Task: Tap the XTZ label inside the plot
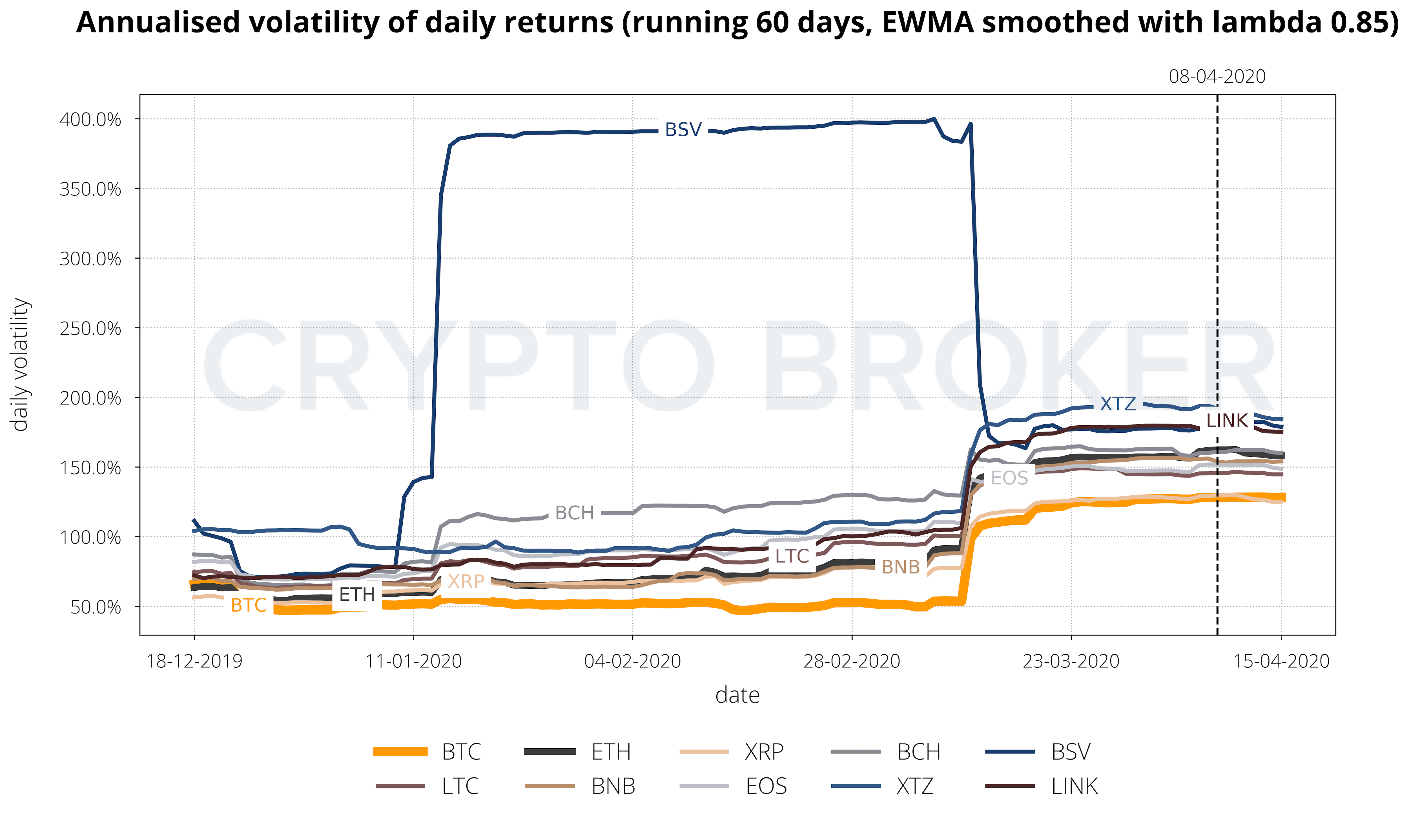pyautogui.click(x=1118, y=404)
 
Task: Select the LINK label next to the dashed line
pyautogui.click(x=1227, y=421)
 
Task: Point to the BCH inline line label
pyautogui.click(x=574, y=513)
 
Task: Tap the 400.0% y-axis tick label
pyautogui.click(x=90, y=119)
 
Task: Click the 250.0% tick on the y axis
pyautogui.click(x=90, y=328)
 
